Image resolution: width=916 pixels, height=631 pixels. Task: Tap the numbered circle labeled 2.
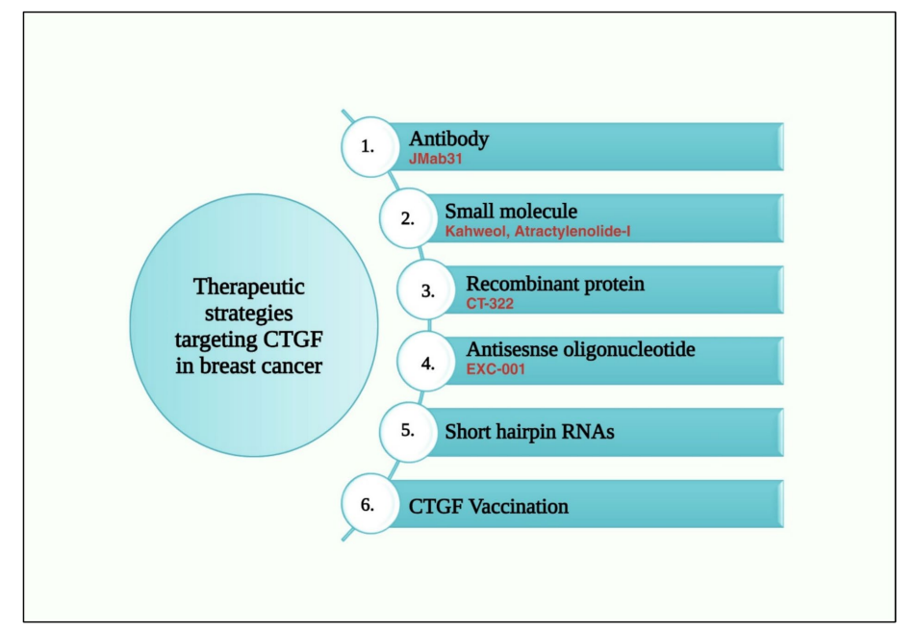[x=408, y=218]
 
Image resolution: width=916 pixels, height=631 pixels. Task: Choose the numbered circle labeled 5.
[x=408, y=432]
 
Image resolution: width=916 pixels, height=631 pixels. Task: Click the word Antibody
[x=448, y=139]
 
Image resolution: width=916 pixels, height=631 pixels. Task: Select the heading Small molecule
[x=510, y=211]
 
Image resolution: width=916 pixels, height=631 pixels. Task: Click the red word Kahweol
[x=472, y=232]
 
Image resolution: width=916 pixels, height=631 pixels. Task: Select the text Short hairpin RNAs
[x=529, y=433]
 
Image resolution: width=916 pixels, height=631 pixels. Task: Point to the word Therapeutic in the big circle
[x=247, y=287]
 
